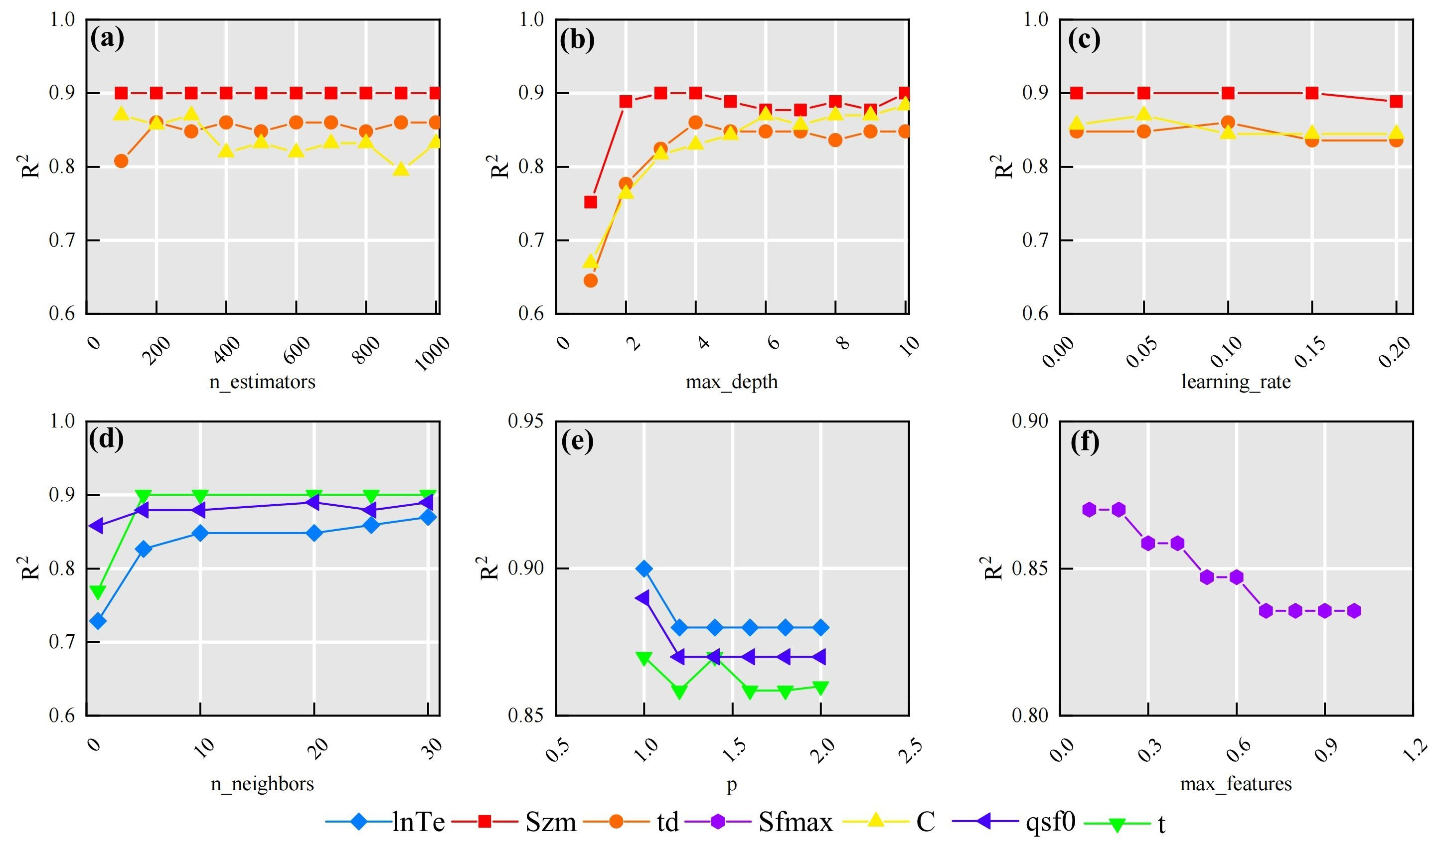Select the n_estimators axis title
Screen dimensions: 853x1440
click(x=262, y=382)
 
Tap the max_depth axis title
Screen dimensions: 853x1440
click(x=731, y=382)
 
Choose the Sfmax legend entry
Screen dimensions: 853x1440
click(x=795, y=823)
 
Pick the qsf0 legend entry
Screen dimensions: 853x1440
click(x=1050, y=822)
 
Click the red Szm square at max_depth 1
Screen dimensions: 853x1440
click(x=590, y=202)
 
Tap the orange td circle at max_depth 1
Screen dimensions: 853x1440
click(x=590, y=281)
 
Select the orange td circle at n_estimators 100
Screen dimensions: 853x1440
click(x=121, y=161)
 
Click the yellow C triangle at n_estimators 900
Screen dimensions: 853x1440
click(x=401, y=169)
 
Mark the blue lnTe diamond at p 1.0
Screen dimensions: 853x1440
click(x=644, y=569)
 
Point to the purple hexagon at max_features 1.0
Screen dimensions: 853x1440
click(x=1354, y=611)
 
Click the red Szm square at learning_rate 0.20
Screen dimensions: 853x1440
click(x=1396, y=102)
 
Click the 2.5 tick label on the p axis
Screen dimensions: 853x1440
click(x=910, y=751)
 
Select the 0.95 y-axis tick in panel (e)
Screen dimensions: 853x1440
click(x=525, y=422)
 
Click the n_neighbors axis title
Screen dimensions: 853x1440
click(x=262, y=784)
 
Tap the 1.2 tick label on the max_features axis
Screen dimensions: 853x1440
click(x=1414, y=751)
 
